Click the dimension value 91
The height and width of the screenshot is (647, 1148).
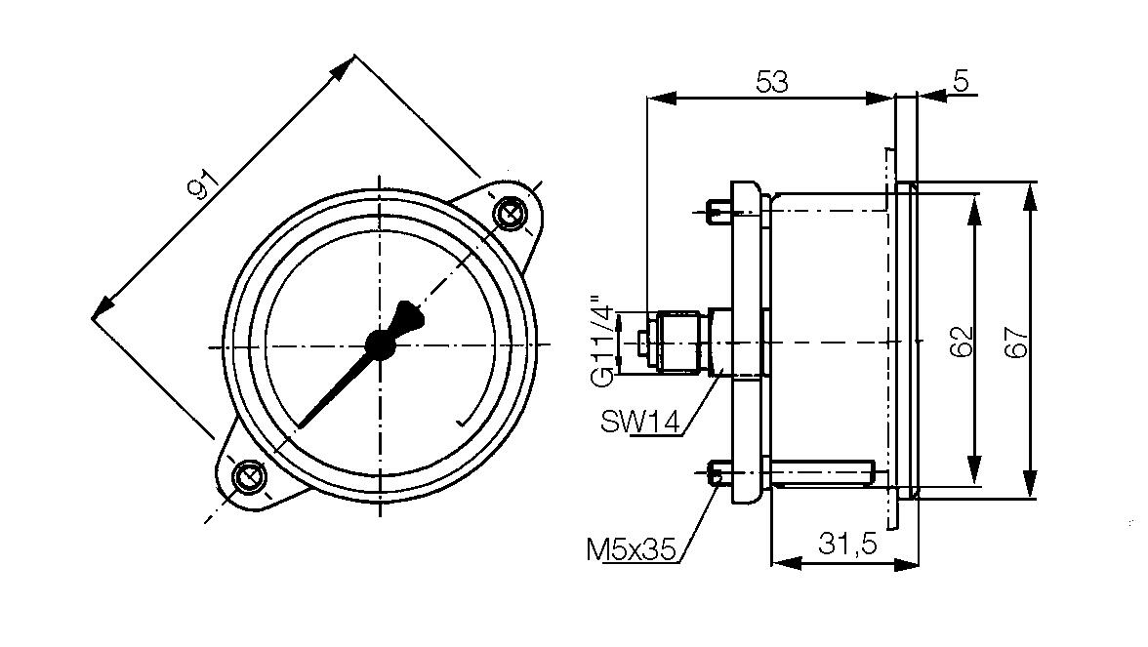[203, 184]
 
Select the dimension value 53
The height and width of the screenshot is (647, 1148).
[771, 82]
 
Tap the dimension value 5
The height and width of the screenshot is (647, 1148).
[961, 82]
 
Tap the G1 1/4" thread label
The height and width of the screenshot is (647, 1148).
[605, 342]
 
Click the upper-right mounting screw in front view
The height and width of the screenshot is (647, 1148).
[509, 214]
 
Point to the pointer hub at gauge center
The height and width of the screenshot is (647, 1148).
[379, 344]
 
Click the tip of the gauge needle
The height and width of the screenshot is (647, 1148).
[300, 425]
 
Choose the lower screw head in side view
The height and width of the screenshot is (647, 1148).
[717, 475]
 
